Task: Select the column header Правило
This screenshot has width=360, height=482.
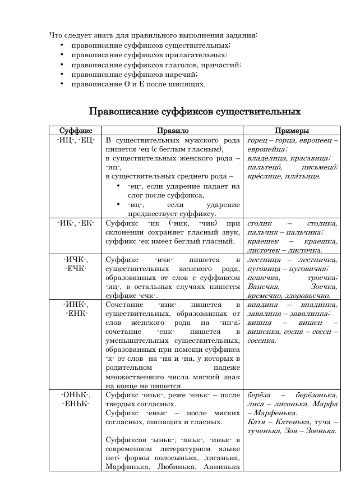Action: click(172, 130)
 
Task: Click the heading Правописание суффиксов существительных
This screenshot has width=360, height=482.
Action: click(195, 111)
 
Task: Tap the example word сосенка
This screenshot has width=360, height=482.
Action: click(261, 341)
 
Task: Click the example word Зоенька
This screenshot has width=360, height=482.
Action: click(316, 431)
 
